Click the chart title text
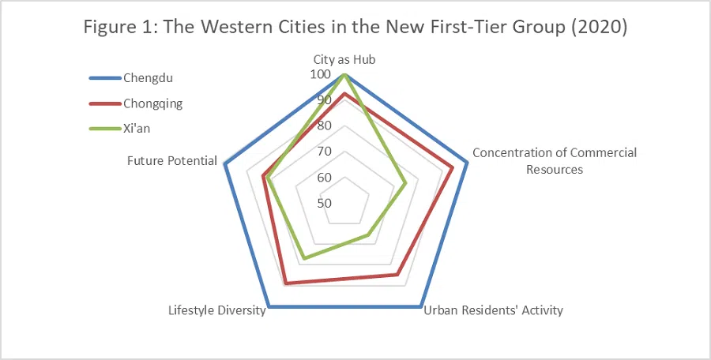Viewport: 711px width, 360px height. coord(355,27)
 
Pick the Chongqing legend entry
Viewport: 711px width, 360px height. coord(152,103)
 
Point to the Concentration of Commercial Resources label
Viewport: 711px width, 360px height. coord(554,160)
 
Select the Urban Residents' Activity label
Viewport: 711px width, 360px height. coord(493,310)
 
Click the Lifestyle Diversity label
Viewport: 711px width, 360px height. coord(216,310)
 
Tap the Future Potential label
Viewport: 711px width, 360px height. coord(172,160)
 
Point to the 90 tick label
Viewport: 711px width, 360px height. coord(324,100)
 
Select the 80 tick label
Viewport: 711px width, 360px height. coord(324,126)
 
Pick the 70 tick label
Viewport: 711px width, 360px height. coord(324,152)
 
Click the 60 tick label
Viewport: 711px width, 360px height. coord(324,178)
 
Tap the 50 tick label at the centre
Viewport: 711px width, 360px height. coord(324,203)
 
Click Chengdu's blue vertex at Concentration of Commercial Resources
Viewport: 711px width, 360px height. coord(467,163)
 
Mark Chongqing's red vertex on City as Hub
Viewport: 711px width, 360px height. coord(344,94)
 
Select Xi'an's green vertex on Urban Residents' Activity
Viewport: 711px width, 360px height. coord(369,235)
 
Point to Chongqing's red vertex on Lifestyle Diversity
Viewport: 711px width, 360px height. coord(286,283)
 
